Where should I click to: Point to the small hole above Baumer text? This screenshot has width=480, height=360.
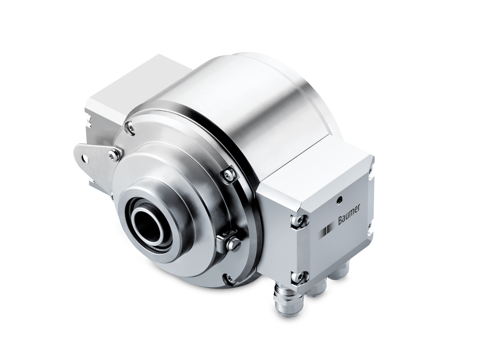click(339, 199)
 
